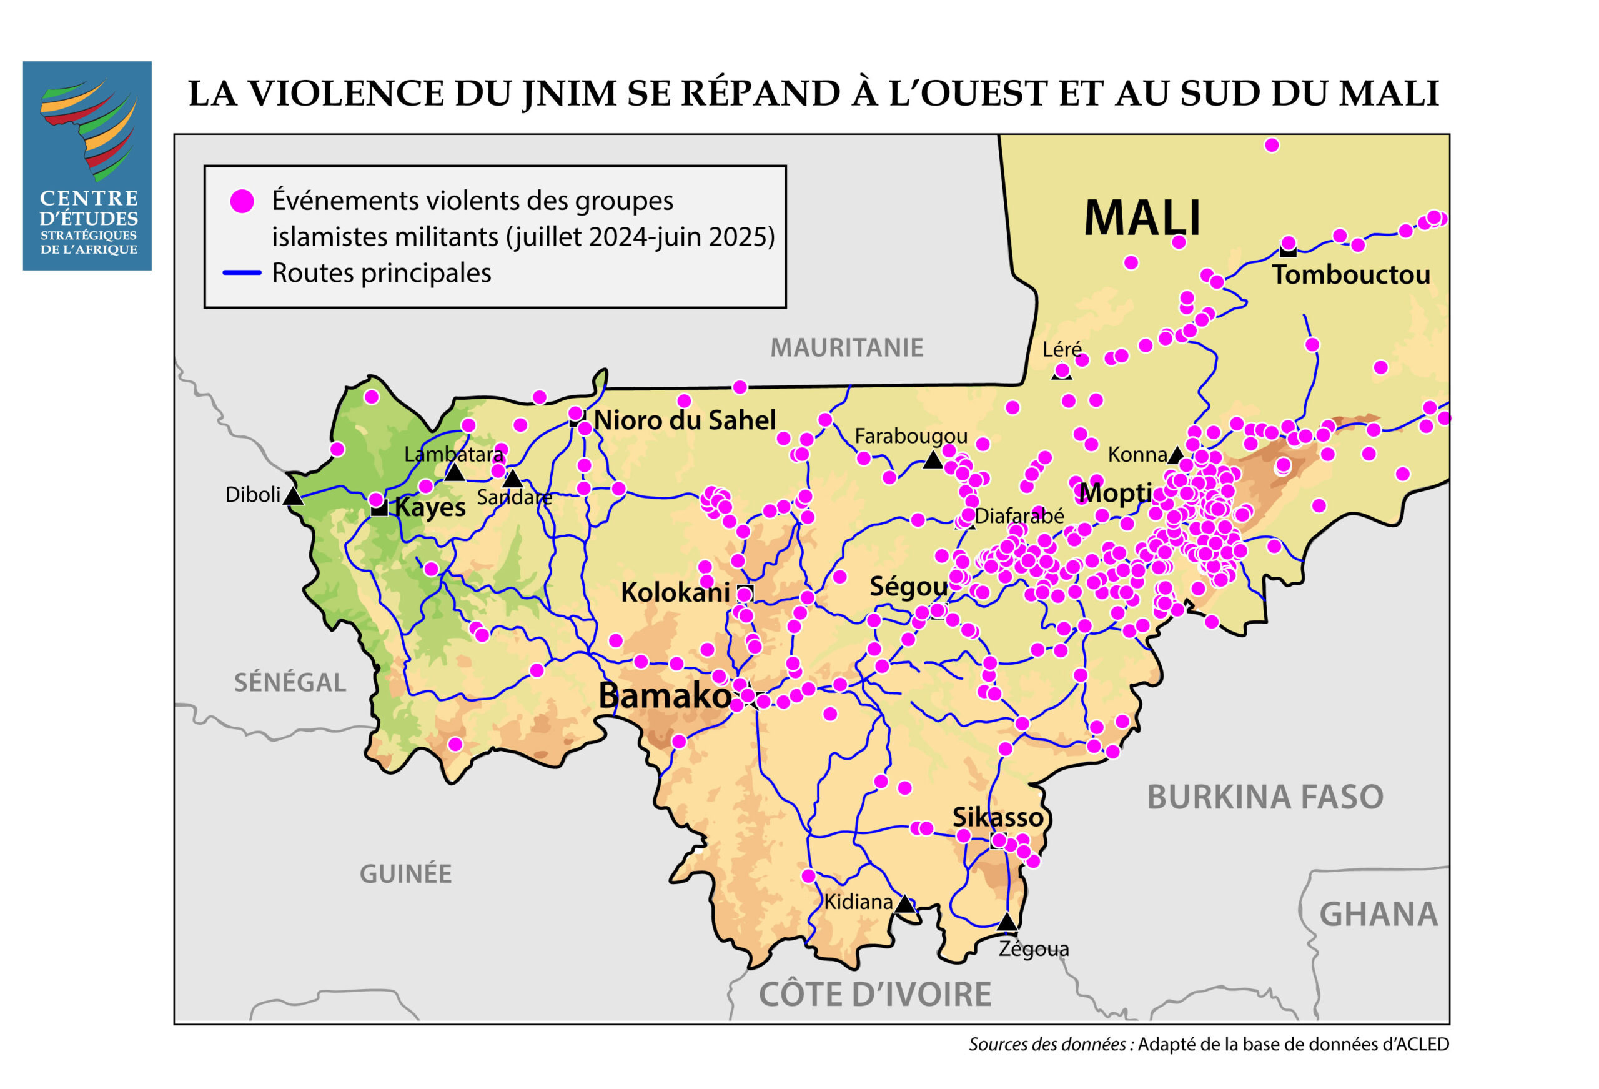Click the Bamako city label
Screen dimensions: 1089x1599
click(x=664, y=695)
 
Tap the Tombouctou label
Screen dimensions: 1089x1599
click(x=1350, y=275)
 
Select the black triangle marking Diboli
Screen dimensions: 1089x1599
click(x=293, y=495)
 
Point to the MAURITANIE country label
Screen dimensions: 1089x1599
click(x=846, y=347)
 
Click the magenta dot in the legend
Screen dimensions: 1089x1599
click(x=242, y=201)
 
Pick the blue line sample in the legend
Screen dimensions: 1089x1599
click(x=242, y=272)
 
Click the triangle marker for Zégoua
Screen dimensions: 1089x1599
click(x=1007, y=922)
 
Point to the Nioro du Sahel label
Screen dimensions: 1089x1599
click(x=684, y=420)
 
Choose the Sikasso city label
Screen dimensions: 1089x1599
click(x=998, y=817)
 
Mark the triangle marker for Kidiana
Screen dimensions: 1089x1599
click(x=905, y=904)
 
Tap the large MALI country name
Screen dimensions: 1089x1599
click(x=1142, y=218)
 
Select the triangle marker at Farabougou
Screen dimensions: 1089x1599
click(x=933, y=460)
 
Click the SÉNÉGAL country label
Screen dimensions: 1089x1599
click(x=290, y=682)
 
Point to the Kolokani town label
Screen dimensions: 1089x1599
click(x=675, y=592)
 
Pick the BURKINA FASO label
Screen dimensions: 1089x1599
click(x=1265, y=797)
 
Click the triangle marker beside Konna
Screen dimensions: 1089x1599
click(x=1175, y=455)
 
